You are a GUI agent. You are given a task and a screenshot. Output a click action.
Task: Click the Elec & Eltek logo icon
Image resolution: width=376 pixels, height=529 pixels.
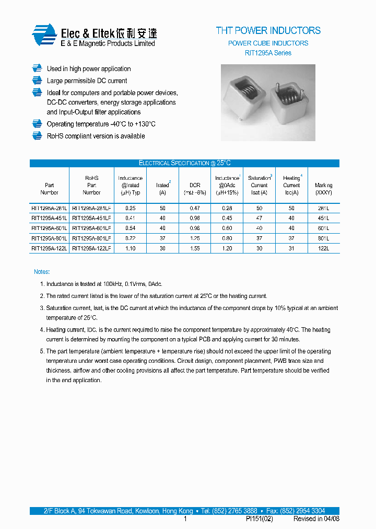[x=44, y=35]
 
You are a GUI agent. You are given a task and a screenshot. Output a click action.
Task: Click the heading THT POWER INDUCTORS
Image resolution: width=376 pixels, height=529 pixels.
[x=268, y=31]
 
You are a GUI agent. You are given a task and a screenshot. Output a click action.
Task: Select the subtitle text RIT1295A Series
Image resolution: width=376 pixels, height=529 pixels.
[x=268, y=53]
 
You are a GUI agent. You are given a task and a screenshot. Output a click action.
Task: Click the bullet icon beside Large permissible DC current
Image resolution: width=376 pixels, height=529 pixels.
[x=37, y=80]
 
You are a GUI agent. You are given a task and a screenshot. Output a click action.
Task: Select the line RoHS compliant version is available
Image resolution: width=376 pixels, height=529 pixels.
[x=96, y=136]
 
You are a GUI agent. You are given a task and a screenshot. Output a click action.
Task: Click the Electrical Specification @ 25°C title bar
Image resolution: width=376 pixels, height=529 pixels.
[x=184, y=163]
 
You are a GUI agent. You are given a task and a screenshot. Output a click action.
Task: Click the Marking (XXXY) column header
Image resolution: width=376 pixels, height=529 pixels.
[x=323, y=189]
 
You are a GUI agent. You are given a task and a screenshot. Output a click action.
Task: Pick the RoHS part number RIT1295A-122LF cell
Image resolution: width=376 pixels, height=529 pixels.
[x=91, y=249]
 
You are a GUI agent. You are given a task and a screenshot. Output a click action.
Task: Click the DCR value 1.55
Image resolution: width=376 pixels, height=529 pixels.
[x=195, y=249]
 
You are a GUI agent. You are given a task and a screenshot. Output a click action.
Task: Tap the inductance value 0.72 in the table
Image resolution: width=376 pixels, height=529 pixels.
[x=130, y=238]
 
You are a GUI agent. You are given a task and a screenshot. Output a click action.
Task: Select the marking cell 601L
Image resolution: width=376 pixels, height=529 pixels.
[x=323, y=228]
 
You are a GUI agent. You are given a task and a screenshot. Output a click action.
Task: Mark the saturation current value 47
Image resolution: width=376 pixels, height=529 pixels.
[x=259, y=218]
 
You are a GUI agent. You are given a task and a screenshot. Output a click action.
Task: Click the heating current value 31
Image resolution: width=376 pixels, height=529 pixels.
[x=291, y=249]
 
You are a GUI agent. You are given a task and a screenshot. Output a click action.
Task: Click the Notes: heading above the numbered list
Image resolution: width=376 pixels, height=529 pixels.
[x=42, y=272]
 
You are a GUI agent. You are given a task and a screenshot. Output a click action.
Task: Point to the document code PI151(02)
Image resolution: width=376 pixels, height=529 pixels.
[x=259, y=519]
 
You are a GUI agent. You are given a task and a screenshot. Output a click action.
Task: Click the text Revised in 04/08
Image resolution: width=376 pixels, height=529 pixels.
[x=316, y=519]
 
